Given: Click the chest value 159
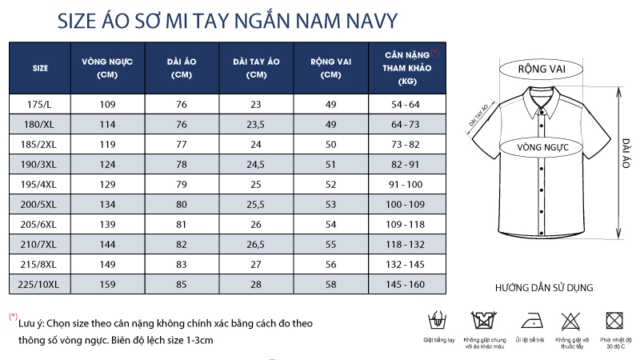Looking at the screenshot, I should coord(107,284).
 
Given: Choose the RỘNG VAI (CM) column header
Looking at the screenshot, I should coord(330,67).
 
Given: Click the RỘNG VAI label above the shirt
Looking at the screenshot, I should coord(542,70).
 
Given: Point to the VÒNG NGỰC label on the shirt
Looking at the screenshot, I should coord(542,147).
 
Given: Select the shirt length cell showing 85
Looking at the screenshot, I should coord(182,284).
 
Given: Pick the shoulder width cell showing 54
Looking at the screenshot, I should coord(330,224).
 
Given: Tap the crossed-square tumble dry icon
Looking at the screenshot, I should coord(614,322).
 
